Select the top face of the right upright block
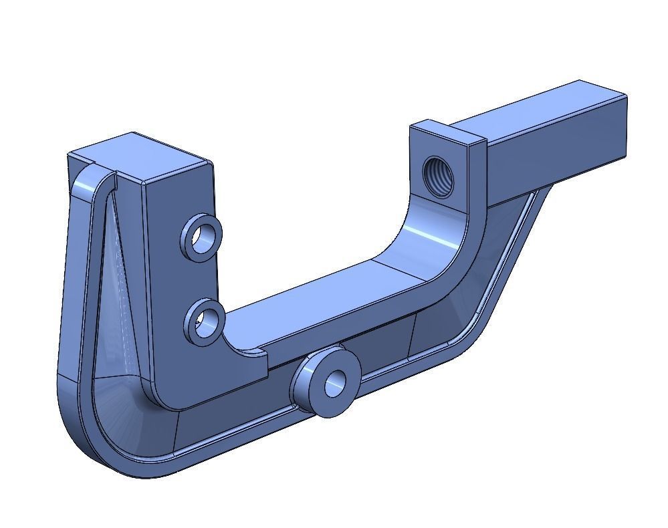pyautogui.click(x=447, y=134)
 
